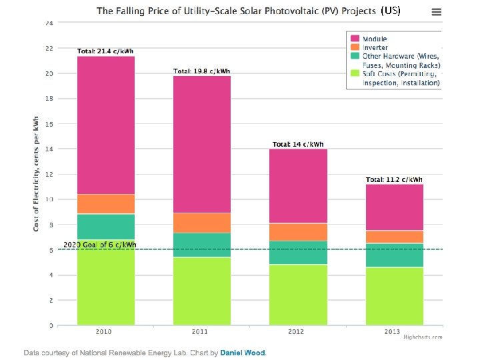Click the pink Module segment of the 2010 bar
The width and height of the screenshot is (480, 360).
click(x=106, y=125)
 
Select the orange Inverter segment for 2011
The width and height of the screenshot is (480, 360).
click(x=202, y=223)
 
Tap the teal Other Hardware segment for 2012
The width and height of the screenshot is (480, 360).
click(x=298, y=253)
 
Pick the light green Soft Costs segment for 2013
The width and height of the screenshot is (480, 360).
click(x=394, y=296)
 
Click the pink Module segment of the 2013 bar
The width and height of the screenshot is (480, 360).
click(x=394, y=207)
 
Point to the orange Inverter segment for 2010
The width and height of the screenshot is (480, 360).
click(x=106, y=204)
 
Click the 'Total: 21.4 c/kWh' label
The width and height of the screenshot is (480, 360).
click(x=106, y=51)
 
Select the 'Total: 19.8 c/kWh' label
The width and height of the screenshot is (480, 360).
click(x=202, y=71)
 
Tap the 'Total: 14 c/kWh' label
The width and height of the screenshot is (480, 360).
click(x=298, y=144)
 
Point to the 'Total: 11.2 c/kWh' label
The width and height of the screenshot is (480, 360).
click(x=394, y=179)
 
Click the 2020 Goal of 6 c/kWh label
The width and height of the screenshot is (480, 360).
click(x=99, y=245)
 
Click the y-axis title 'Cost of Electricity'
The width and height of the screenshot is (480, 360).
click(x=36, y=173)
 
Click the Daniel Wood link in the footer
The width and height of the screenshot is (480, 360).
click(x=243, y=352)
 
